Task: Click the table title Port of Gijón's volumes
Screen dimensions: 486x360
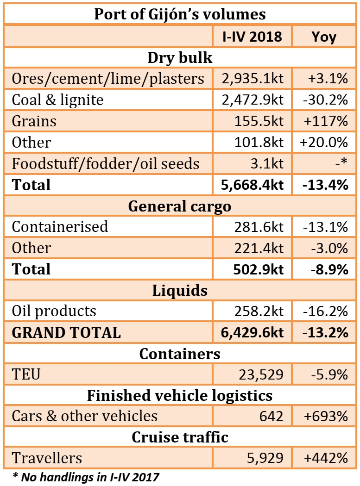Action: click(180, 13)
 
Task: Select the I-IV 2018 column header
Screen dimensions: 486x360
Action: click(253, 36)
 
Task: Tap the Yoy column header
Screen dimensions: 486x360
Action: click(324, 36)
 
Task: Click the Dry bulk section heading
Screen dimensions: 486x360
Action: click(180, 58)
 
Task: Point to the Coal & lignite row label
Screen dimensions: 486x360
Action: click(58, 100)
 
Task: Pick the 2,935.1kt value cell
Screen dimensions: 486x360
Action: click(253, 79)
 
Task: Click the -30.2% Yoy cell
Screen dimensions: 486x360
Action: click(325, 100)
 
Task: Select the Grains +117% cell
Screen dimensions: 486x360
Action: click(325, 121)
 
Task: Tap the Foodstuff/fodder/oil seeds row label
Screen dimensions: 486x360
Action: click(106, 163)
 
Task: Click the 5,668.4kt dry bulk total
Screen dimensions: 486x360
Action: click(253, 185)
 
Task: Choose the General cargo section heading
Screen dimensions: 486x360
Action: click(180, 206)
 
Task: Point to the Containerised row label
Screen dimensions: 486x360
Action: click(60, 226)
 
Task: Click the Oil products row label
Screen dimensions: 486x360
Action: click(54, 311)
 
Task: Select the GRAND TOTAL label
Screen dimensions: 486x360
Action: click(66, 332)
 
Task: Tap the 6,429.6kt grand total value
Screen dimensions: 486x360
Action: click(253, 332)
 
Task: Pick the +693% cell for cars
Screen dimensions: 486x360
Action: click(325, 416)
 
